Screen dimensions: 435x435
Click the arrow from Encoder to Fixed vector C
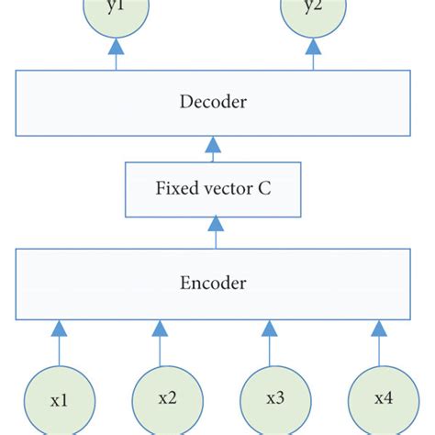pos(214,232)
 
